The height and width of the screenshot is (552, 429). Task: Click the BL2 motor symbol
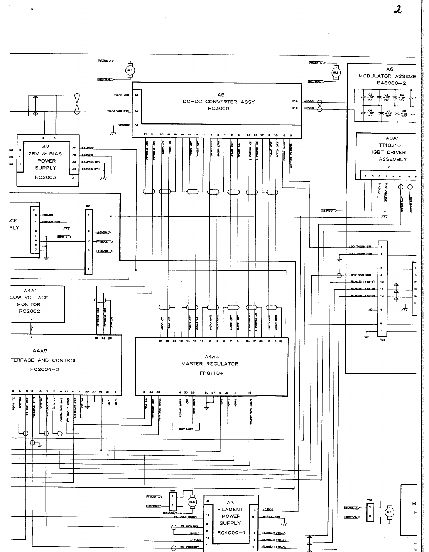coord(130,70)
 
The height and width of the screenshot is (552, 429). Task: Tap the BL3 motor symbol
coord(336,73)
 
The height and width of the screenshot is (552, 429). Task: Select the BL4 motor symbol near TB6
coord(192,502)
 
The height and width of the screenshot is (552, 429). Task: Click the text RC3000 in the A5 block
coord(218,109)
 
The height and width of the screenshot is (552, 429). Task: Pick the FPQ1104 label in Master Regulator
coord(211,373)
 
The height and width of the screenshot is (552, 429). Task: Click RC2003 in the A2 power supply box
coord(45,177)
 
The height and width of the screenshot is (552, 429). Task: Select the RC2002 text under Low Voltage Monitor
coord(29,311)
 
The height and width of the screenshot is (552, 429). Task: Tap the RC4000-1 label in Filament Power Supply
coord(231,532)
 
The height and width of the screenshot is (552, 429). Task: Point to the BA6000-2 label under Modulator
coord(391,83)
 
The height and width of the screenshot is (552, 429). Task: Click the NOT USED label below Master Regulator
coord(186,429)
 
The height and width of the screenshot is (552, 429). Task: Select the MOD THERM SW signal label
coord(360,247)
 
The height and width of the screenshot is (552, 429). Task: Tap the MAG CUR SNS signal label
coord(361,275)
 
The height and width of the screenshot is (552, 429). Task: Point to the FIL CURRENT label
coord(189,548)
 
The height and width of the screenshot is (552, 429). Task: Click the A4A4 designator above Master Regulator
coord(211,356)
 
